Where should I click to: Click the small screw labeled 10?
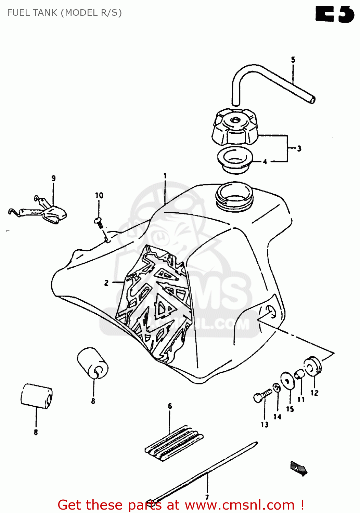tap(99, 222)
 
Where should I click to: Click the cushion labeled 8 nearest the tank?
tap(92, 363)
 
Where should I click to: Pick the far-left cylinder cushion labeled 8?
tap(36, 396)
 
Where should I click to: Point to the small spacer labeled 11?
tap(299, 374)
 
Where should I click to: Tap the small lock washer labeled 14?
tap(277, 388)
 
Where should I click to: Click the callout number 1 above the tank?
tap(165, 176)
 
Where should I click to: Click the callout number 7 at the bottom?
tap(207, 497)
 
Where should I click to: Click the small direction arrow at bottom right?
tap(298, 468)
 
